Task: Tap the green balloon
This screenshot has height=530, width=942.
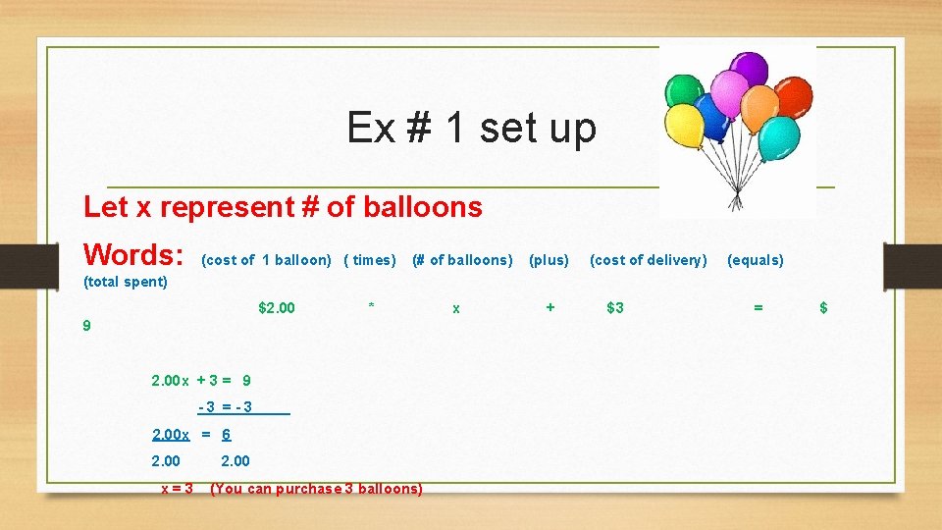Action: pos(683,90)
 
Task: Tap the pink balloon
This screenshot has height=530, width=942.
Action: pos(728,92)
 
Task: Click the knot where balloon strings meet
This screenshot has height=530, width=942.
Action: pos(736,194)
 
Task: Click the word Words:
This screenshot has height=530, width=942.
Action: pos(134,255)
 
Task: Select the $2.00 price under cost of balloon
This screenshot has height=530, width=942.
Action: pos(276,308)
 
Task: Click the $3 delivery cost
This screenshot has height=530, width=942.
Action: pos(614,308)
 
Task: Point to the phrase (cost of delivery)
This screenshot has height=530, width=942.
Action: pos(648,260)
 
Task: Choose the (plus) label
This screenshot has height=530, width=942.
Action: pos(549,260)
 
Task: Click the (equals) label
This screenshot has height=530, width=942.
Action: pos(755,260)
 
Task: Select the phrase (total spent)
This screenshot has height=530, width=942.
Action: pos(126,283)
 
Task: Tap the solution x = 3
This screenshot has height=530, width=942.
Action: pos(177,488)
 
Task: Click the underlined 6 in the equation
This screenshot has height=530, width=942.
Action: pos(227,434)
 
